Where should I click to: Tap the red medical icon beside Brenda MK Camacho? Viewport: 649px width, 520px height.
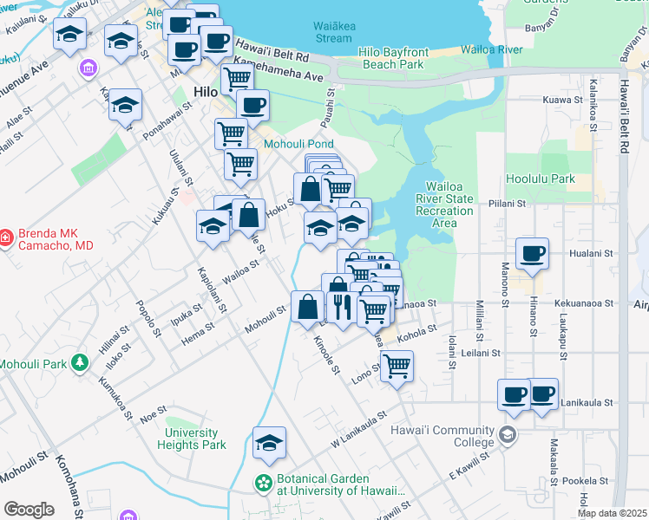[5, 235]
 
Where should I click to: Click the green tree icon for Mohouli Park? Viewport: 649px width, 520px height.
[80, 362]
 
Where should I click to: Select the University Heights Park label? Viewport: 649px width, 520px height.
[192, 439]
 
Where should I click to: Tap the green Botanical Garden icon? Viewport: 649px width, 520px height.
[262, 480]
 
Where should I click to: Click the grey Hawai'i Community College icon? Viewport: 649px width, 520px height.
[507, 433]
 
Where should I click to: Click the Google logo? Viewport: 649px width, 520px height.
[29, 509]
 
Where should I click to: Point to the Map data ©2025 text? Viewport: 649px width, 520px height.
[613, 513]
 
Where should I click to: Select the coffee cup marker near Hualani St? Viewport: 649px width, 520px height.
[532, 253]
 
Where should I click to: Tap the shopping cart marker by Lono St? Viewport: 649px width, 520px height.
[397, 365]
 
